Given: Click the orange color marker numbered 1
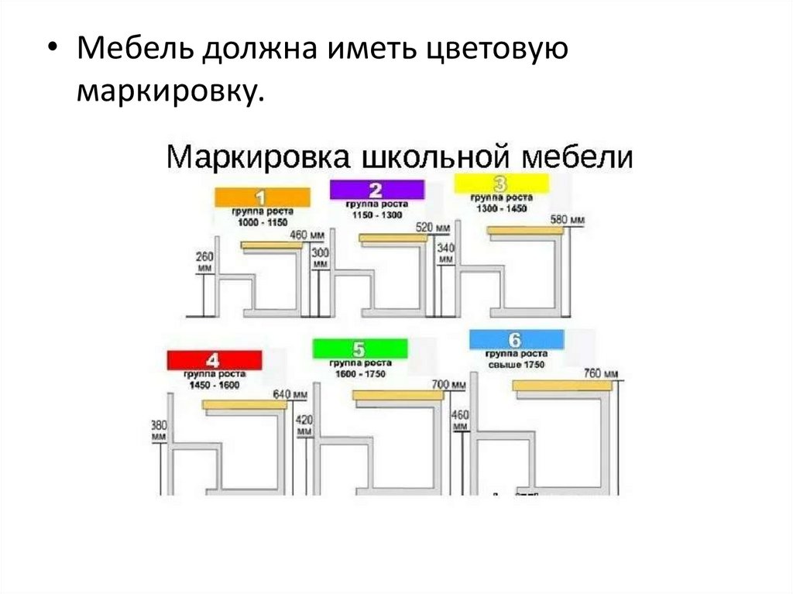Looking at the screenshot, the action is [x=262, y=197].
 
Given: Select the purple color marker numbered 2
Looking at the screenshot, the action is [x=376, y=190].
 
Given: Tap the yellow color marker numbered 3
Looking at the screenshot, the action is [x=500, y=184].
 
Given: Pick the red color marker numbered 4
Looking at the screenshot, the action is [x=214, y=360].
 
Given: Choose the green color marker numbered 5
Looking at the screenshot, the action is [x=359, y=349].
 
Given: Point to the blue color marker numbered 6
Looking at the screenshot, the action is [x=517, y=339].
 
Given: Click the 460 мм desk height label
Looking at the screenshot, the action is [x=308, y=235].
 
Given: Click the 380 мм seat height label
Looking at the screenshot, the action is [x=160, y=430].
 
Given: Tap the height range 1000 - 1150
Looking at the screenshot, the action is [x=262, y=222].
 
